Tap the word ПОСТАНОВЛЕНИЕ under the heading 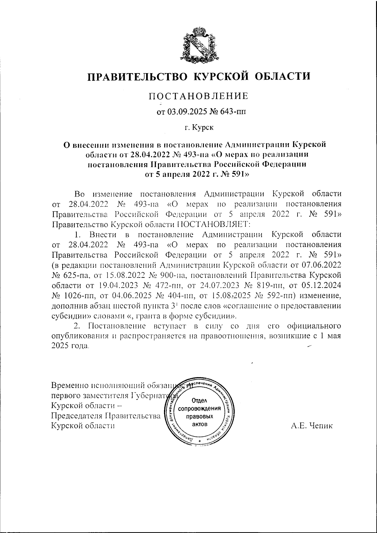198,96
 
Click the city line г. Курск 198,128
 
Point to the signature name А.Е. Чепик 312,426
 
